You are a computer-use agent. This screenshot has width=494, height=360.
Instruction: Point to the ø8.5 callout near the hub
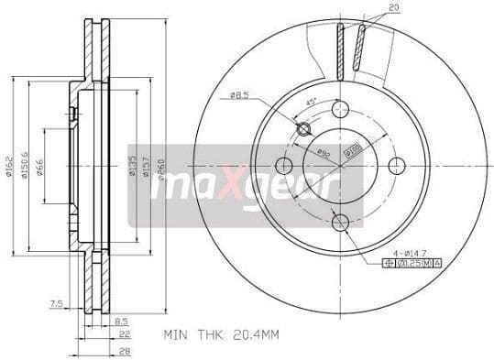point(240,94)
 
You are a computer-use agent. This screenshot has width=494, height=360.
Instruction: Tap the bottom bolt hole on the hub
point(341,221)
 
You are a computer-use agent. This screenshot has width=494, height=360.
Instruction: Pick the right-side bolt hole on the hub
point(397,165)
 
